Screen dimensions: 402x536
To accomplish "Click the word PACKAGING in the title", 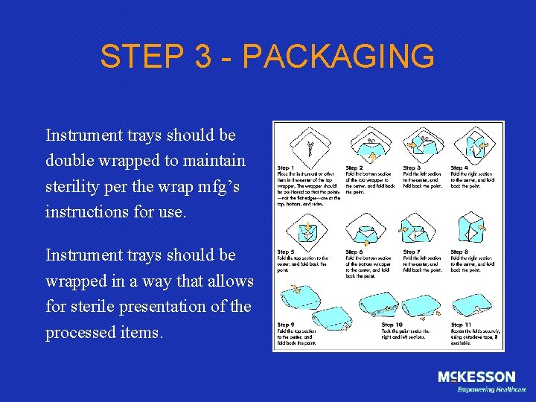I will click(339, 57).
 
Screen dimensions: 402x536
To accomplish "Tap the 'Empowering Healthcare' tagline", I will click(491, 389).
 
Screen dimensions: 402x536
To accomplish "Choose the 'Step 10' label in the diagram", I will click(393, 325).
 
